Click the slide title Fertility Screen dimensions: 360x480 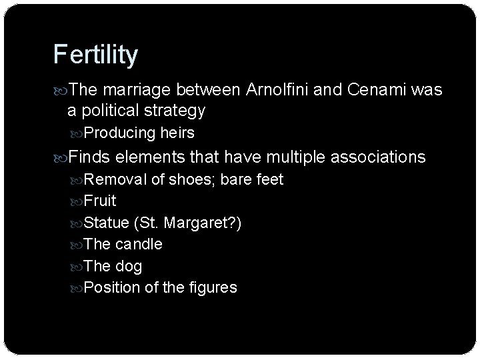95,55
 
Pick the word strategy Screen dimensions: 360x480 175,110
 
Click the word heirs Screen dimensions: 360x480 177,133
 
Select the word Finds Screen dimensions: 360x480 90,157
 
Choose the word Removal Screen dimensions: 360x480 112,179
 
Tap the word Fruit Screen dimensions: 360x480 101,201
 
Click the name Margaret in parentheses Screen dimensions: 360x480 202,223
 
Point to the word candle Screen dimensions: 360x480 140,244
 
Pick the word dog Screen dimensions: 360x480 129,265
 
